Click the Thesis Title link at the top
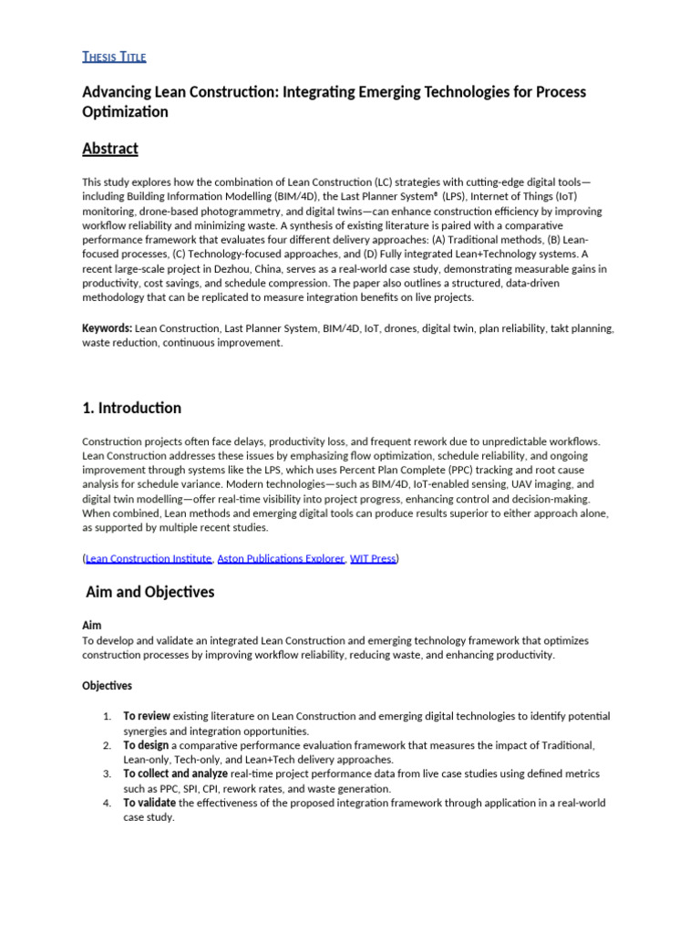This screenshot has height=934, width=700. tap(114, 57)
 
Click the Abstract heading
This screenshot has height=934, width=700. tap(110, 149)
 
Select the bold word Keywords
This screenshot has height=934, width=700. tap(107, 328)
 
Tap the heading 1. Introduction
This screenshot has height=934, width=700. tap(131, 408)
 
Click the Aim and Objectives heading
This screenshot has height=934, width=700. tap(150, 592)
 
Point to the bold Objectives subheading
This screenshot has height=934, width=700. tap(107, 685)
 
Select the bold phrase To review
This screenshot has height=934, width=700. tap(147, 716)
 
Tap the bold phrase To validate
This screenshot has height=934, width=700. tap(150, 804)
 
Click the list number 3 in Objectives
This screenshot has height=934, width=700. tap(106, 774)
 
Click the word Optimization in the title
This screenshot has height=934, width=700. tap(125, 112)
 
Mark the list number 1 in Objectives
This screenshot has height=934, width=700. tap(106, 716)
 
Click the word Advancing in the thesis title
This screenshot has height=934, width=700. tap(118, 92)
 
